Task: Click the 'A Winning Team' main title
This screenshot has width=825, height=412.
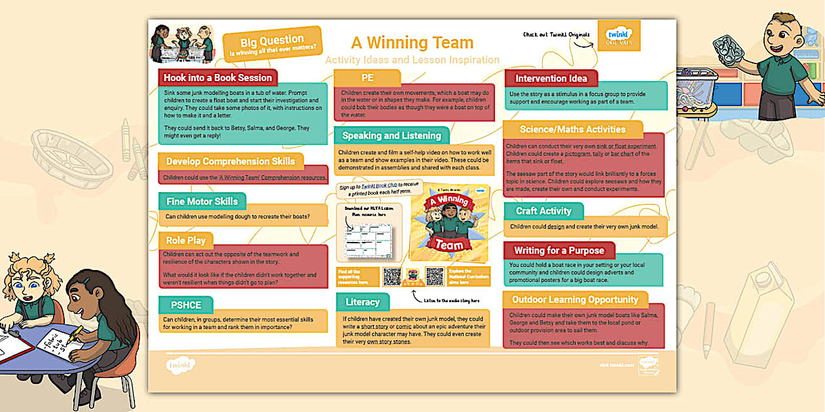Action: click(x=412, y=43)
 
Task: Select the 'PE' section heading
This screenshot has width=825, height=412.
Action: click(x=367, y=78)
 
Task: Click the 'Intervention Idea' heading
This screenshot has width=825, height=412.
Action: click(x=551, y=78)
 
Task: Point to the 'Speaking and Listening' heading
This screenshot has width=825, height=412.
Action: click(x=391, y=135)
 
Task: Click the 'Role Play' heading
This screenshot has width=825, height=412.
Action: click(x=185, y=240)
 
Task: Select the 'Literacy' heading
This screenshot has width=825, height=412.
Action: click(x=362, y=301)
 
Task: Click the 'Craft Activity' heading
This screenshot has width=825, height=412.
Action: click(x=543, y=211)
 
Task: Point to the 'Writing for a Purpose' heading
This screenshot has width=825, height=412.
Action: click(x=559, y=250)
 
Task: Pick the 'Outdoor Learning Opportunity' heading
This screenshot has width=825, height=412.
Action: click(x=575, y=300)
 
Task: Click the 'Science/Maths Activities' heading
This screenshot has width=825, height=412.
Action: click(x=572, y=129)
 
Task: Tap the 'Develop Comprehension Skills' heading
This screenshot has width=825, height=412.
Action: click(x=230, y=161)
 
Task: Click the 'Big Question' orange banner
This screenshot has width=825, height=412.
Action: click(x=272, y=43)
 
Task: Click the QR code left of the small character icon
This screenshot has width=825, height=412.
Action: click(x=392, y=276)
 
